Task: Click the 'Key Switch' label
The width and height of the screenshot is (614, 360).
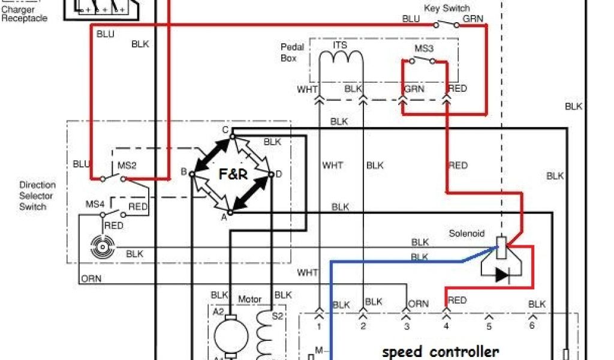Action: (x=447, y=8)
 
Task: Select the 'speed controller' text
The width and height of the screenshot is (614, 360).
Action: (x=440, y=352)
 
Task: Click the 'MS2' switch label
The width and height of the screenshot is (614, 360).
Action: (x=127, y=165)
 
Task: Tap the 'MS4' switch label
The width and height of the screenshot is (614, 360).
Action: (x=94, y=205)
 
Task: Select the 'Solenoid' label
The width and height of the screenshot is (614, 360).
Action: (x=466, y=233)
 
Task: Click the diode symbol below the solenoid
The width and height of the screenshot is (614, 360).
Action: (x=502, y=275)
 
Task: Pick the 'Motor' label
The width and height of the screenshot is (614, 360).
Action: (x=250, y=299)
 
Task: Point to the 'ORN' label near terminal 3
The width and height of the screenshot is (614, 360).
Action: (x=418, y=304)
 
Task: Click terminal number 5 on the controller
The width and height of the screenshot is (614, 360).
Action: (x=489, y=326)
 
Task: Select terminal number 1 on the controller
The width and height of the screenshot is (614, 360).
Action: (x=319, y=326)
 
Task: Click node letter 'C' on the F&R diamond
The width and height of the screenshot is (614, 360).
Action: (x=225, y=130)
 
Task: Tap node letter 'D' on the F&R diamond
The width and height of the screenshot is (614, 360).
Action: (x=279, y=175)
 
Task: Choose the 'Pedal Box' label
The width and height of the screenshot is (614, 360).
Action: (x=293, y=52)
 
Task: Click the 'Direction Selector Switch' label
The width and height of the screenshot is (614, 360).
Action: (x=37, y=196)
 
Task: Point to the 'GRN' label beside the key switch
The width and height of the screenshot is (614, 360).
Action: (x=472, y=19)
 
